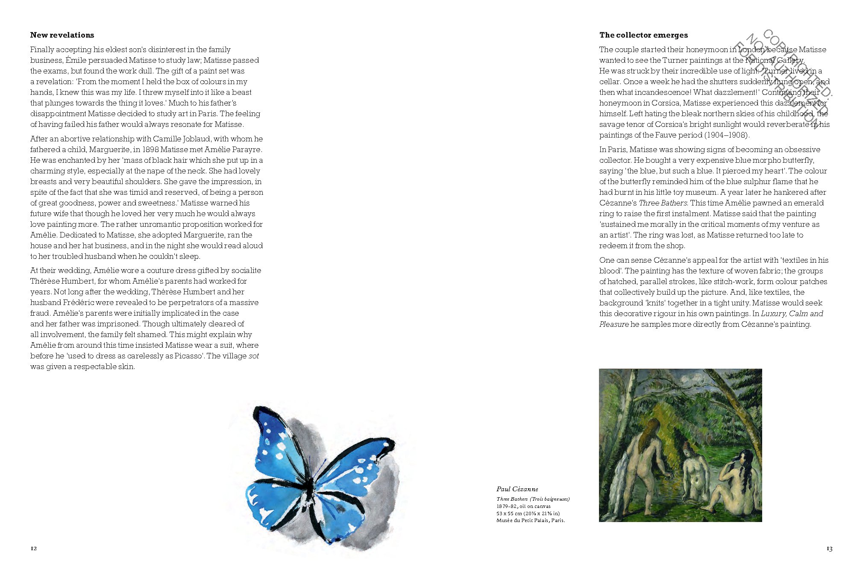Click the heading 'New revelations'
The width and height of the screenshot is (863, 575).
pyautogui.click(x=62, y=35)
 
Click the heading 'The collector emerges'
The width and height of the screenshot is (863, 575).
pyautogui.click(x=643, y=35)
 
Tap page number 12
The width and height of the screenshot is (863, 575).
pyautogui.click(x=34, y=549)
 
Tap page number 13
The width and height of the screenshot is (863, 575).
pyautogui.click(x=829, y=549)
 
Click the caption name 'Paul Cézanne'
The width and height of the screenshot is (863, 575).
pyautogui.click(x=517, y=489)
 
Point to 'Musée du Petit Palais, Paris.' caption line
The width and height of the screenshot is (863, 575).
pyautogui.click(x=530, y=520)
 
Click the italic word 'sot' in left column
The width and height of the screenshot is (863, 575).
pyautogui.click(x=254, y=356)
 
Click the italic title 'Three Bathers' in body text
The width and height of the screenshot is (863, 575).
pyautogui.click(x=663, y=203)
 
